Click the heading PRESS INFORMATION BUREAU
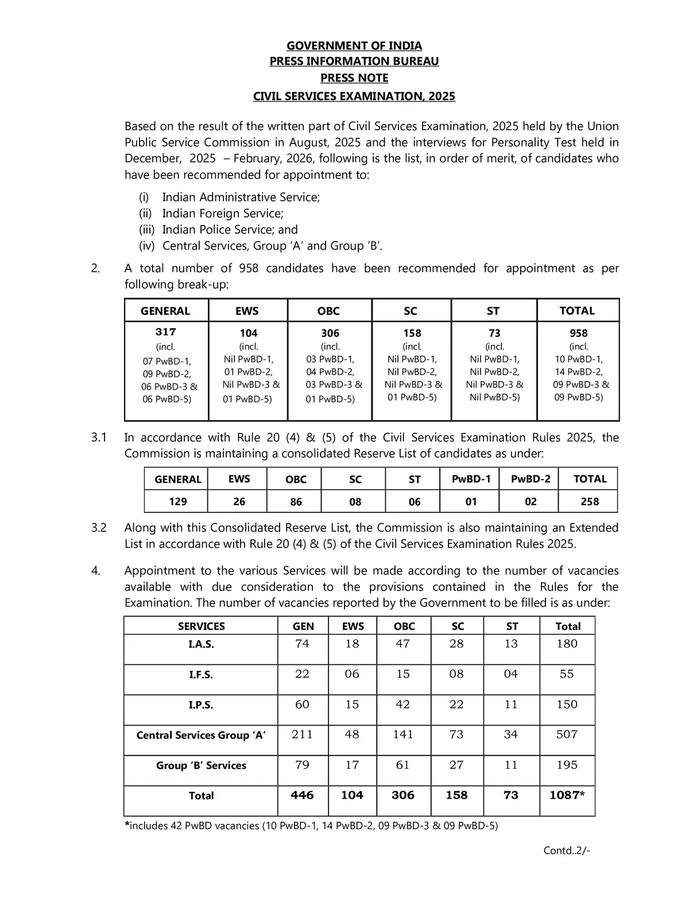[354, 61]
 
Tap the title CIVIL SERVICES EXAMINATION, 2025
[354, 96]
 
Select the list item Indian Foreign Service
[223, 213]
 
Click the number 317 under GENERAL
[166, 332]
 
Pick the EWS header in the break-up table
[247, 311]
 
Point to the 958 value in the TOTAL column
[578, 333]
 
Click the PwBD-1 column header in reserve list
[471, 479]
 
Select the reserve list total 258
[590, 501]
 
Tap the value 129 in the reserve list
[178, 501]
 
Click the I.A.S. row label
[201, 644]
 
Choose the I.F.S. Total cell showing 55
[567, 674]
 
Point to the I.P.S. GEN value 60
[302, 705]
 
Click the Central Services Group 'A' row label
[201, 735]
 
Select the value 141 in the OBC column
[403, 734]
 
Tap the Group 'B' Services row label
[201, 765]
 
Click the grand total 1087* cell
[567, 795]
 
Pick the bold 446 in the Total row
[302, 795]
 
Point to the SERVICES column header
[201, 626]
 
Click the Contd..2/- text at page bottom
[567, 850]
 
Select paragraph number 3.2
[99, 528]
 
